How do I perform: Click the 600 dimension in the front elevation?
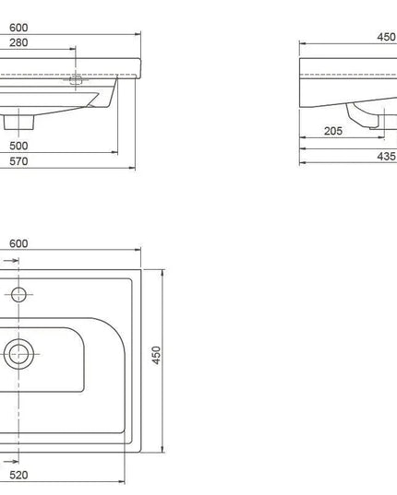[x=18, y=26]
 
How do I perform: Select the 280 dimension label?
[x=18, y=43]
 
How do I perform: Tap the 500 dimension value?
[x=18, y=146]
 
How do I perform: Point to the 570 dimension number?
[x=18, y=161]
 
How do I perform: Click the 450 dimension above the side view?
[x=385, y=38]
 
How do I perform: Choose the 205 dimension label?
[x=333, y=131]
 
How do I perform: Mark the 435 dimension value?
[x=385, y=158]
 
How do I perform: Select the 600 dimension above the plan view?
[x=18, y=243]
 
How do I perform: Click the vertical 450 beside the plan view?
[x=156, y=356]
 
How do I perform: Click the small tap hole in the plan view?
[x=17, y=294]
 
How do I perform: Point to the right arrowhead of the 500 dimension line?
[x=117, y=153]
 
